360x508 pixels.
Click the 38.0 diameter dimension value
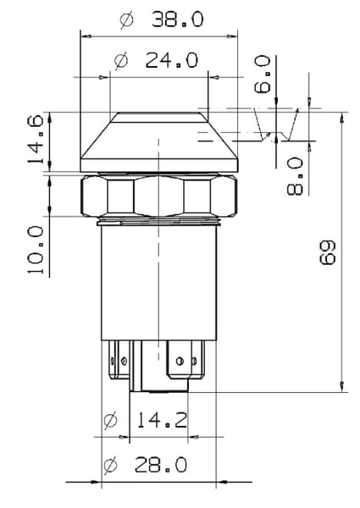pos(178,19)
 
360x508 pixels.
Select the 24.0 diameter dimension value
pos(171,60)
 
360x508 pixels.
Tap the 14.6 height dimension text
pos(35,140)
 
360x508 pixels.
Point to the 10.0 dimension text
pos(35,250)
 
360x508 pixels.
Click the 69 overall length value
pos(328,253)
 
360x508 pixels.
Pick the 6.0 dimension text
pos(262,75)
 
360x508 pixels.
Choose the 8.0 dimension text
pos(295,176)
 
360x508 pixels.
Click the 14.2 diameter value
pos(162,420)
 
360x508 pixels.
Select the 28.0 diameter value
pos(161,465)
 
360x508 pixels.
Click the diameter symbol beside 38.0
pos(126,19)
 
